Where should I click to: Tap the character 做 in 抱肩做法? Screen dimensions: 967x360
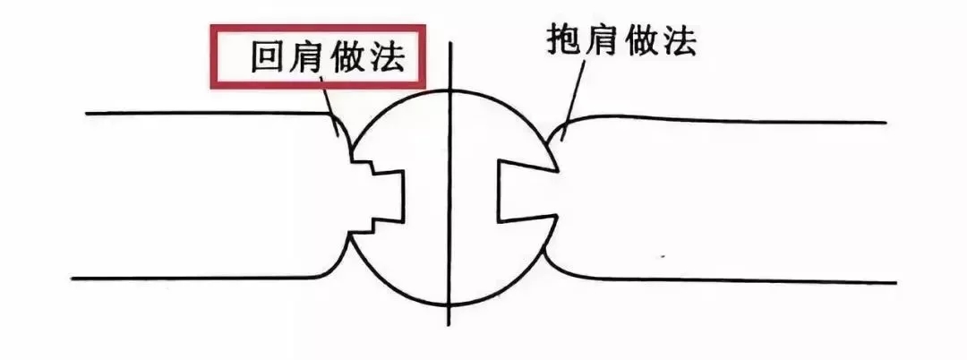(x=641, y=42)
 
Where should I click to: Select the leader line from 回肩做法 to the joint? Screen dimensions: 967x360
(x=329, y=105)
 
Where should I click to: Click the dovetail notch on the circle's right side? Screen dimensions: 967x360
(x=526, y=193)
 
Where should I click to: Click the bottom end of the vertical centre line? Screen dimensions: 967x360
(x=449, y=325)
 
